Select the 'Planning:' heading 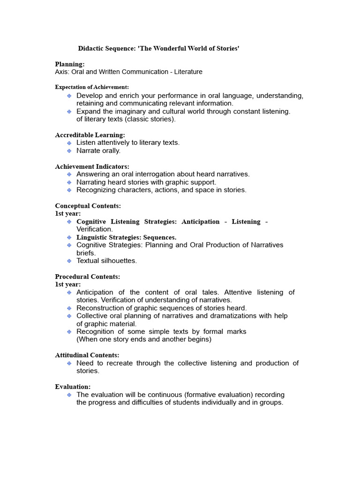(x=70, y=64)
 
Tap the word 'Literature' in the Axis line (x=186, y=72)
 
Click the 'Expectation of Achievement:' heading (x=92, y=87)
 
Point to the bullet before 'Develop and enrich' (x=69, y=96)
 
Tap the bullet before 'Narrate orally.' (x=69, y=151)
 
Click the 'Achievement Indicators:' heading (x=92, y=166)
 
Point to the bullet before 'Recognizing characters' (x=69, y=190)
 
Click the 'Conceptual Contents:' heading (x=88, y=206)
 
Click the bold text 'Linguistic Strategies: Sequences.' (x=127, y=238)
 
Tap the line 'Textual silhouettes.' (x=106, y=261)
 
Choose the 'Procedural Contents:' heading (x=87, y=277)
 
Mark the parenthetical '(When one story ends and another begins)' (x=144, y=339)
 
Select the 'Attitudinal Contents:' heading (x=87, y=355)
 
